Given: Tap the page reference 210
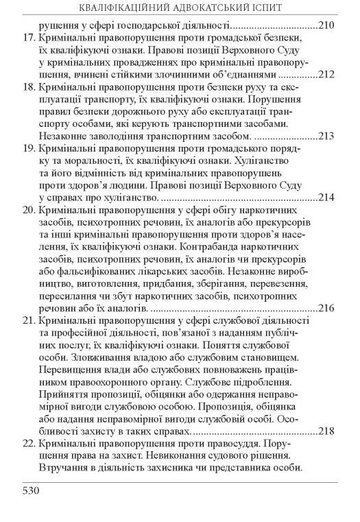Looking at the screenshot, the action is (x=326, y=26).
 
